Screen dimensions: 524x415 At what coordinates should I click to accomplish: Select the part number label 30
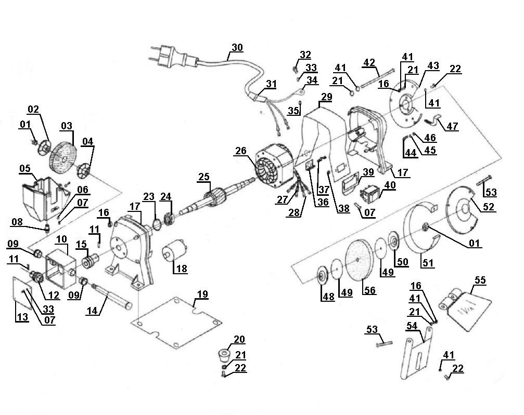(x=237, y=47)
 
